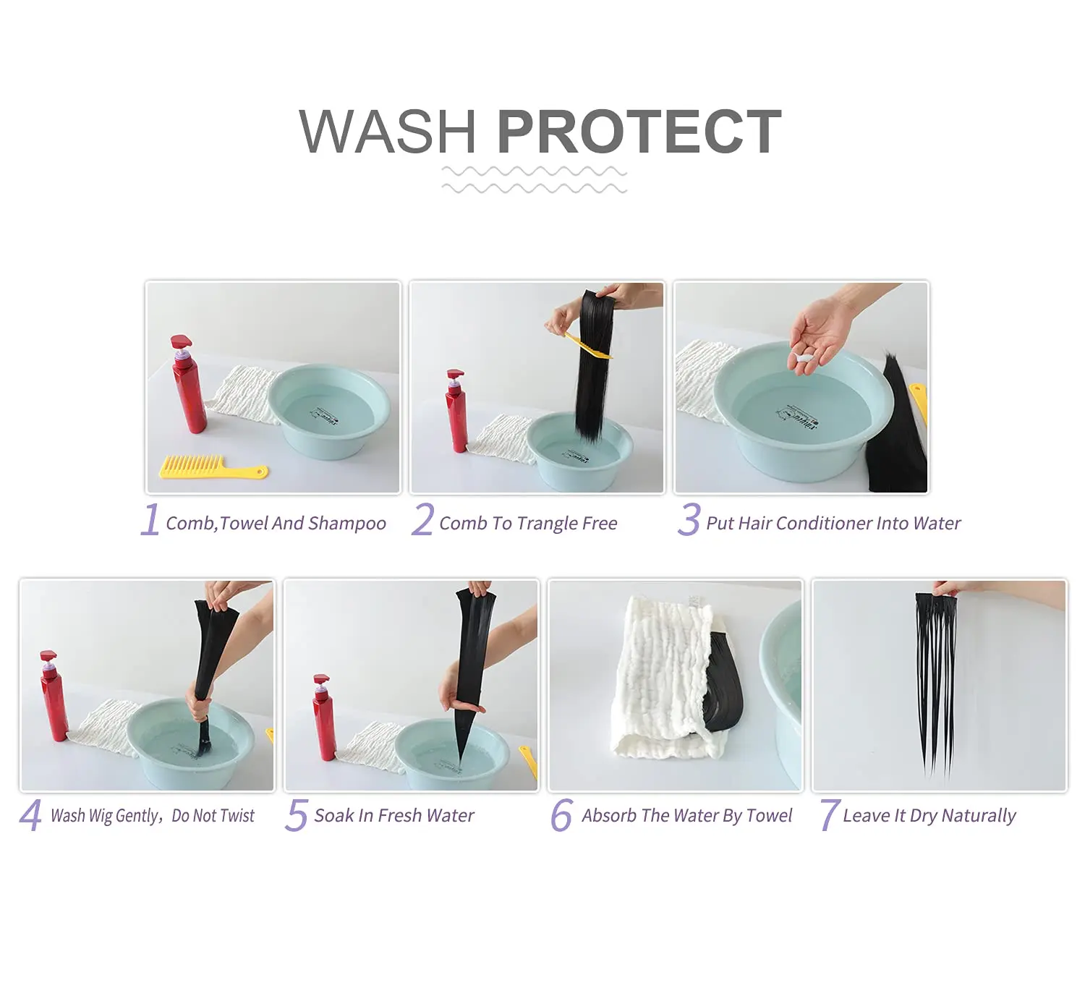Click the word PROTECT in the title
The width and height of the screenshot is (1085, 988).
tap(639, 132)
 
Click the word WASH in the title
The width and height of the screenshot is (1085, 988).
tap(388, 132)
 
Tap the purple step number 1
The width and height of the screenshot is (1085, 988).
tap(150, 520)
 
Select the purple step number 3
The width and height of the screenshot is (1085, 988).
tap(689, 520)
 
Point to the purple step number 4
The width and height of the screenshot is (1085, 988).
tap(31, 815)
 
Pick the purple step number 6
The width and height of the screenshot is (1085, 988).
tap(561, 815)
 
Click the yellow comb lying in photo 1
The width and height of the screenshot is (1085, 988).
tap(213, 467)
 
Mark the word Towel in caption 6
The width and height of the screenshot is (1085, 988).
tap(768, 815)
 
